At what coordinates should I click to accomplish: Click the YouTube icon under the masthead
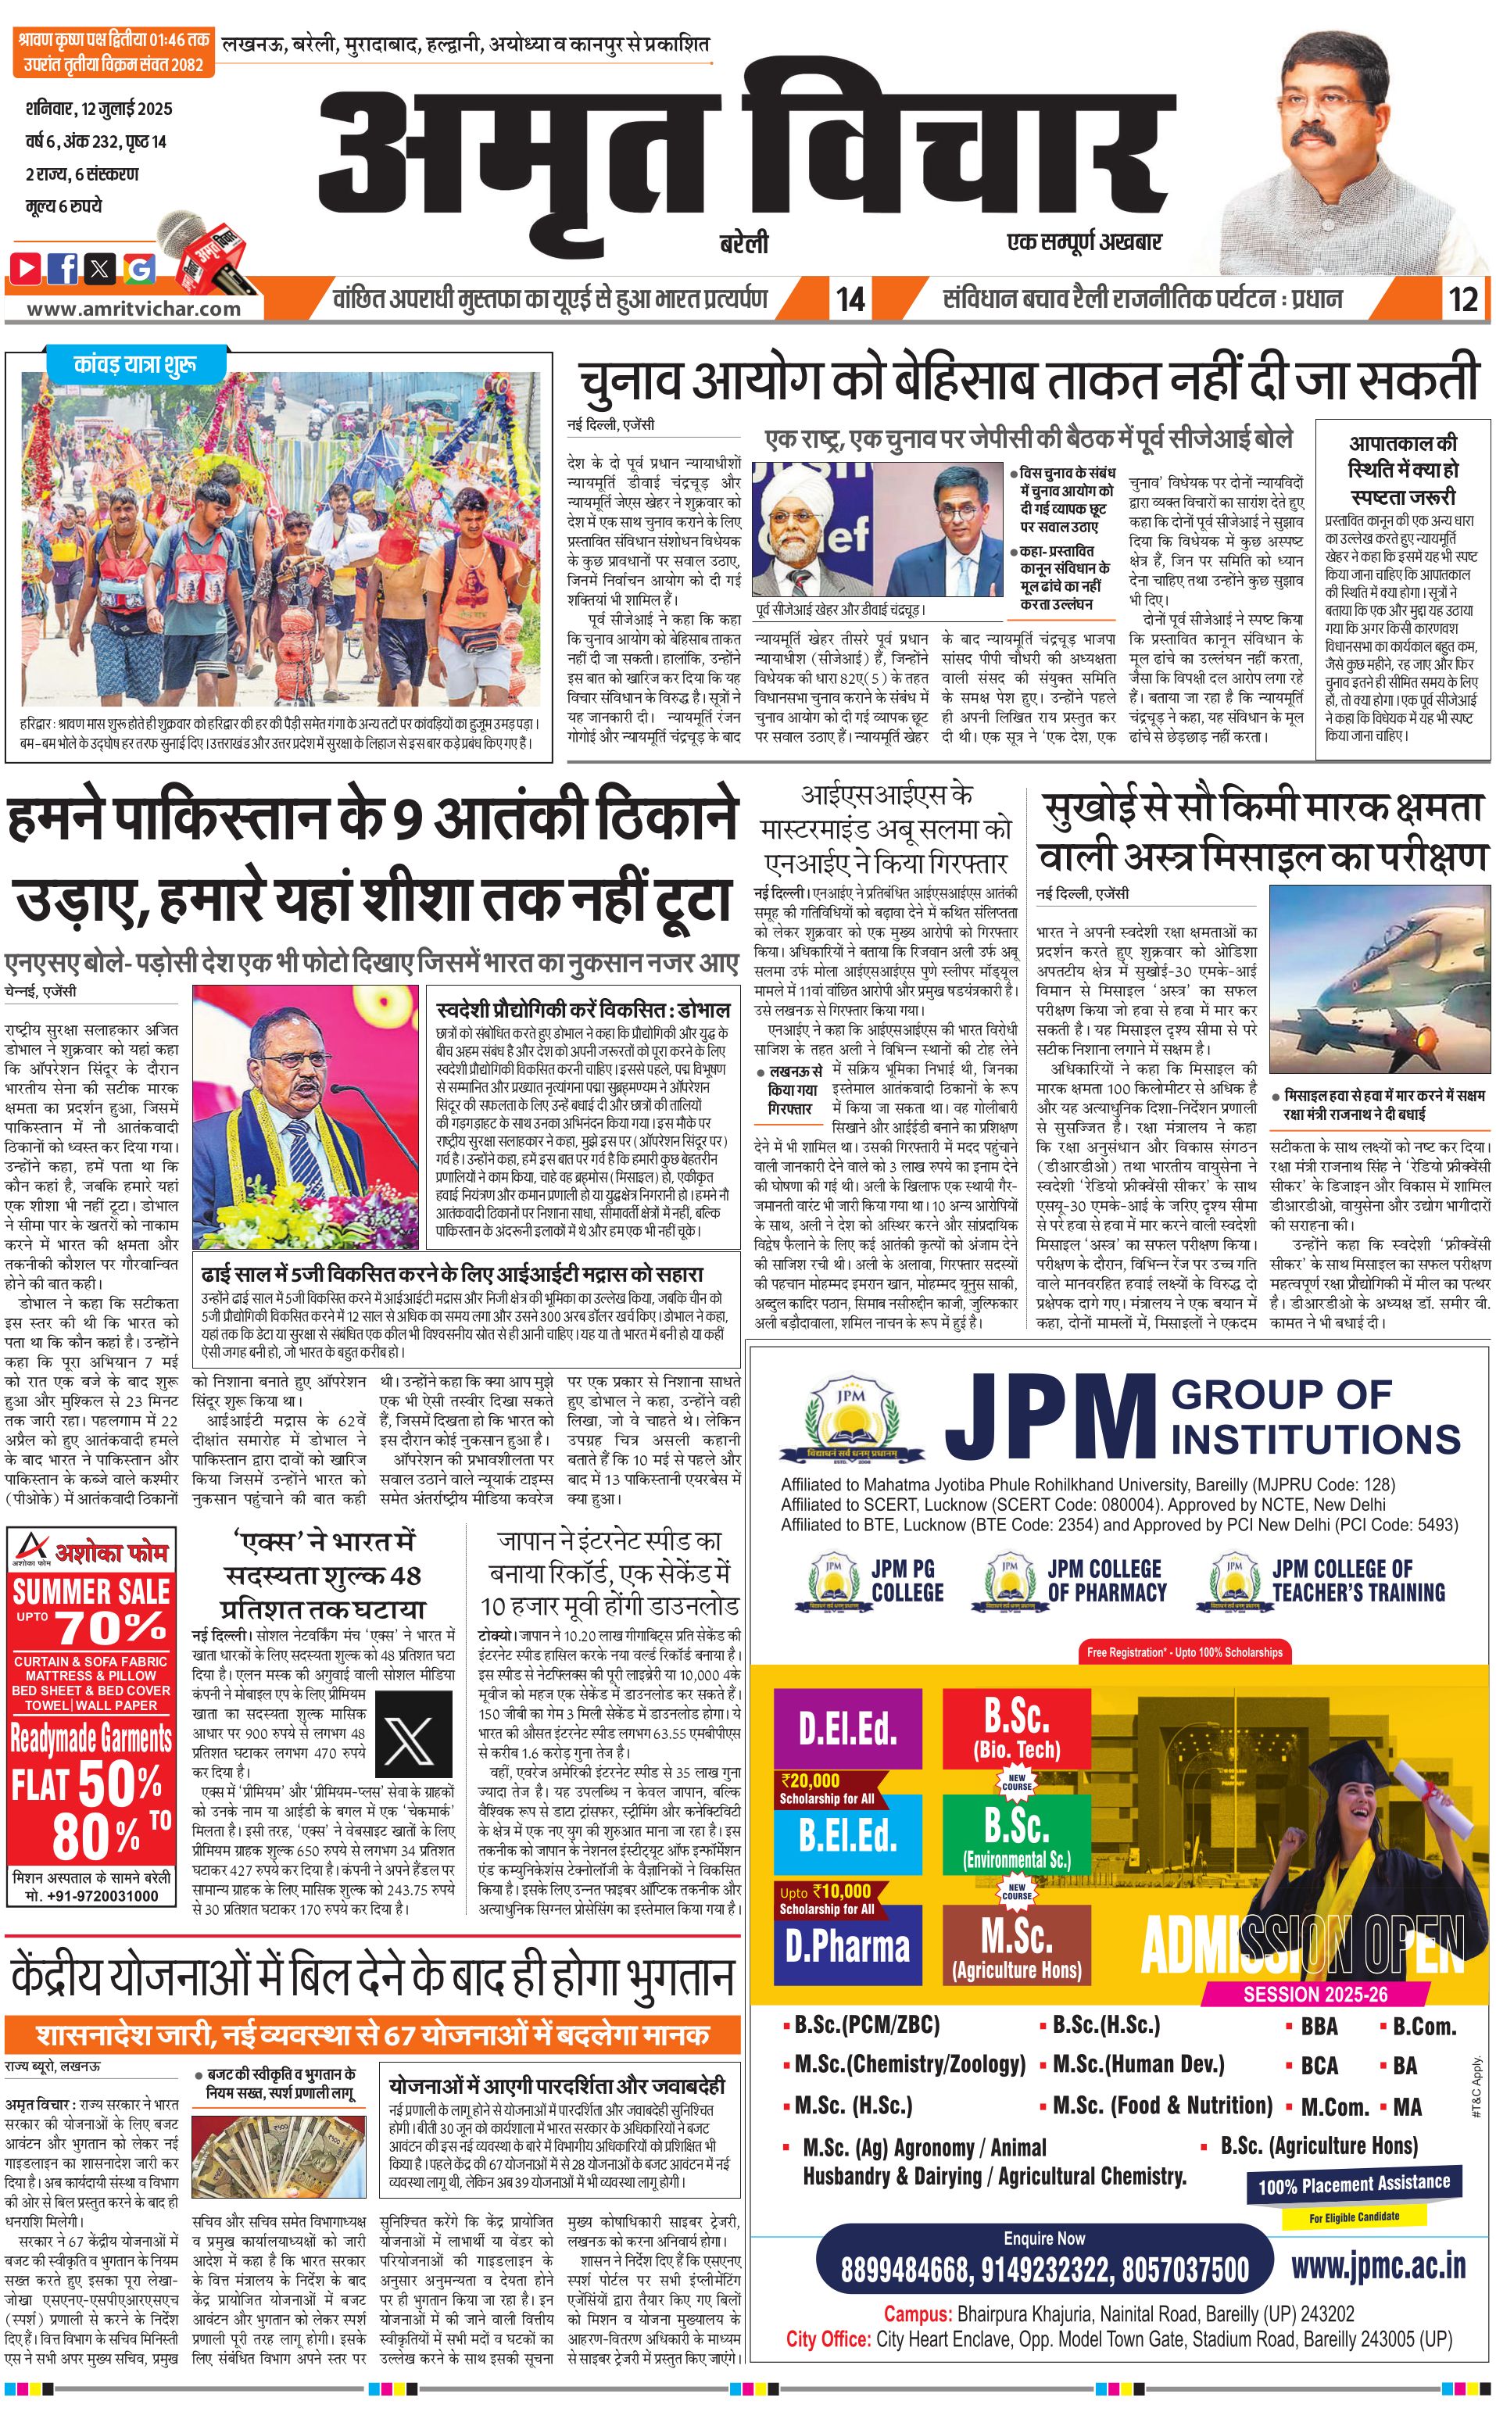(x=27, y=267)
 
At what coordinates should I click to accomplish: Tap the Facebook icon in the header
(x=63, y=267)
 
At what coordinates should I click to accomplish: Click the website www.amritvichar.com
(x=133, y=308)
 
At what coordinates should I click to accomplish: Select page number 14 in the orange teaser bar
(x=850, y=299)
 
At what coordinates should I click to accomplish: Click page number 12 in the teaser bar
(x=1462, y=299)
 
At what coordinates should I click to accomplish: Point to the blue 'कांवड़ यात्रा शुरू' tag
(x=135, y=364)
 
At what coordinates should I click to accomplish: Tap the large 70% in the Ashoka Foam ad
(x=111, y=1627)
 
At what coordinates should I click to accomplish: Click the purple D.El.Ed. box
(x=848, y=1727)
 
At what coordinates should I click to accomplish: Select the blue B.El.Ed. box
(x=848, y=1834)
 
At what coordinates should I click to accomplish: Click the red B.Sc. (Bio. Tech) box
(x=1016, y=1727)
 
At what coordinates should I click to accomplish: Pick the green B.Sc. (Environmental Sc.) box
(x=1016, y=1836)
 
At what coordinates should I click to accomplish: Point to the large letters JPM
(x=1049, y=1418)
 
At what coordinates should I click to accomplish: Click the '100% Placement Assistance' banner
(x=1354, y=2184)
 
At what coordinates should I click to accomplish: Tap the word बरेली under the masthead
(x=744, y=243)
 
